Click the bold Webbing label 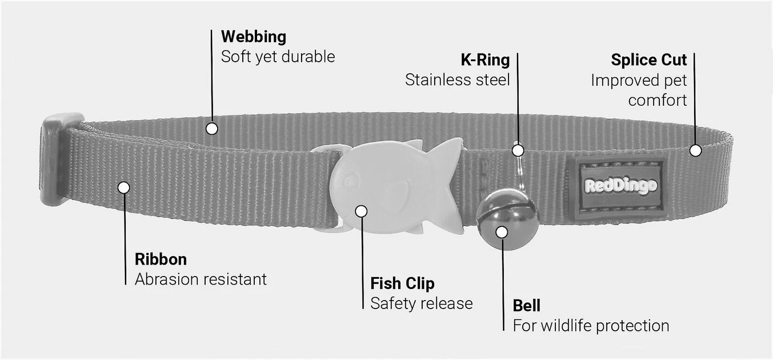[x=254, y=37]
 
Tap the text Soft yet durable [x=278, y=57]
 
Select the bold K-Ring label [x=485, y=60]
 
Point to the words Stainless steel [x=457, y=80]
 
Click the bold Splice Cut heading [x=648, y=60]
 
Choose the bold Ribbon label [x=161, y=259]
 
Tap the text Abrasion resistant [x=201, y=279]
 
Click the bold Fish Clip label [x=402, y=283]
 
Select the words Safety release [x=422, y=303]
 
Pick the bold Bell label [x=526, y=306]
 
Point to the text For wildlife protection [x=591, y=326]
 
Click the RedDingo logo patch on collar [x=620, y=186]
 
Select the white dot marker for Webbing [x=212, y=129]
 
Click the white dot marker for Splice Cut [x=695, y=150]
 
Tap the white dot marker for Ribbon [x=124, y=187]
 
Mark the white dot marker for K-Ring [x=518, y=150]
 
